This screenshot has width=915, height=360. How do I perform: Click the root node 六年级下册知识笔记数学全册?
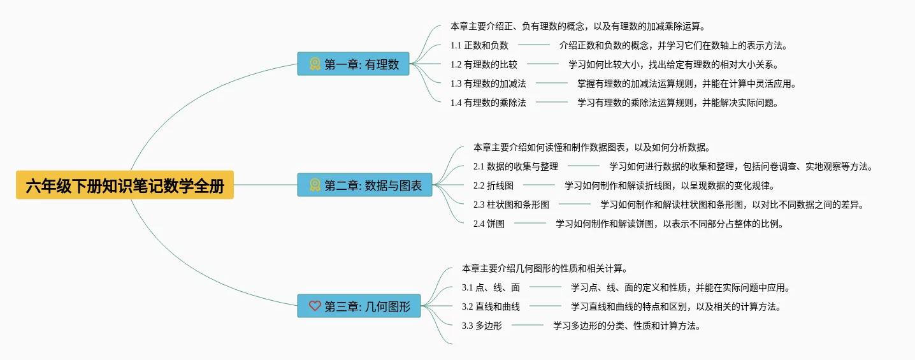(x=125, y=185)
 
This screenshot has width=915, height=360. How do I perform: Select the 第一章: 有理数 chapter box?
(x=353, y=64)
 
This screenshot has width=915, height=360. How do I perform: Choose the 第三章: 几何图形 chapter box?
(x=359, y=306)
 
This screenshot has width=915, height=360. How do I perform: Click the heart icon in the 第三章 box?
(x=315, y=306)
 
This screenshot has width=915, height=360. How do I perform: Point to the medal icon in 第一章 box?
(x=315, y=64)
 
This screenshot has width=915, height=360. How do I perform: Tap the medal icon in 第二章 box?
(x=315, y=185)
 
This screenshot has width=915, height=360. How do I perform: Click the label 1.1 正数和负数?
(x=479, y=45)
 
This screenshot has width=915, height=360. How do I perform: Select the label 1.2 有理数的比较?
(x=484, y=64)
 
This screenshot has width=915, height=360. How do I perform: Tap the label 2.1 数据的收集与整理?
(x=515, y=166)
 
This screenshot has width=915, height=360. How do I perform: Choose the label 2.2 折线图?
(x=493, y=185)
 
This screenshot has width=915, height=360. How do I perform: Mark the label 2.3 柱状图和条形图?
(x=511, y=205)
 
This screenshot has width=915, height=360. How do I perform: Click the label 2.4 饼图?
(x=489, y=224)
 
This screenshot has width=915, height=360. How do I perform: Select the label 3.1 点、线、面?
(x=491, y=287)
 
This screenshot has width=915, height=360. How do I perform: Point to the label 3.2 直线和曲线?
(x=491, y=306)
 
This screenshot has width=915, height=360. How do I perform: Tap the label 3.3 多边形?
(x=482, y=326)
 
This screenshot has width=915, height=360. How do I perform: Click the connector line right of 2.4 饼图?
(x=530, y=223)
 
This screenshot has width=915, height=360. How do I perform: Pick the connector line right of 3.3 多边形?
(x=528, y=325)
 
